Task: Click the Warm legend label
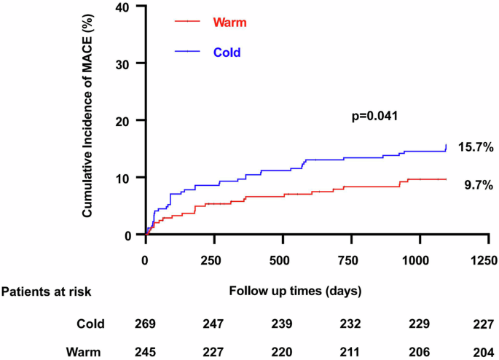(x=229, y=22)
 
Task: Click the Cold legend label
(x=226, y=52)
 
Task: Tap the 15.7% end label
(x=476, y=148)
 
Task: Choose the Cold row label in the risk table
(x=90, y=324)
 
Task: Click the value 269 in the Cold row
(x=145, y=324)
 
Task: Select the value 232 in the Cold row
(x=349, y=324)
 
